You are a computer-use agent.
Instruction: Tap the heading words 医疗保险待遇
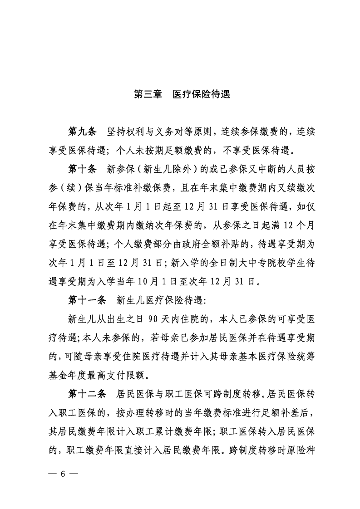pos(201,95)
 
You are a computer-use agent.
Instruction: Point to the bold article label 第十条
pos(82,170)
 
